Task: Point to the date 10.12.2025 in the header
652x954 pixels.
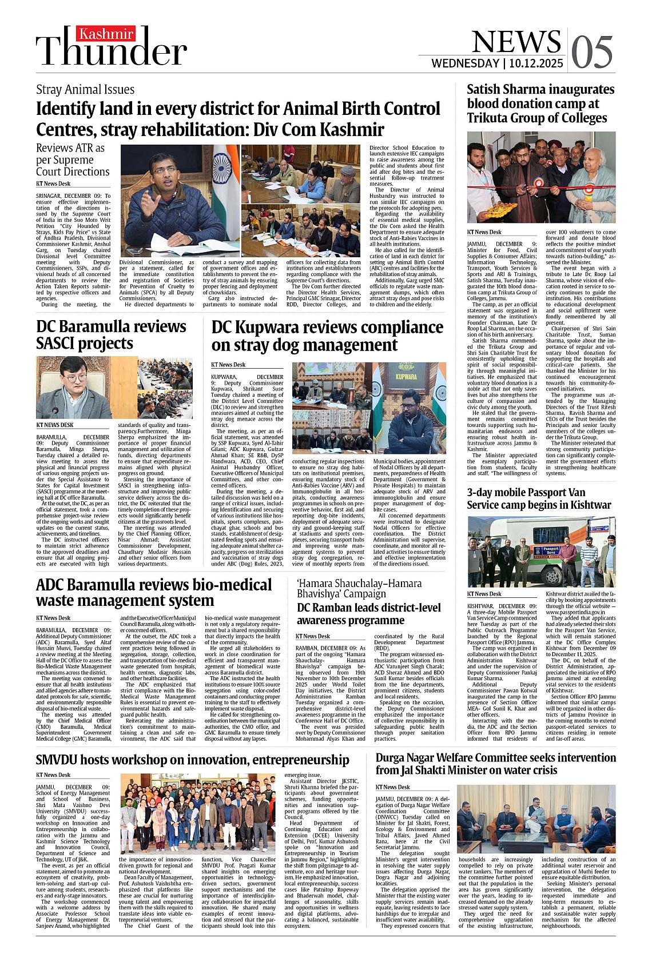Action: (536, 63)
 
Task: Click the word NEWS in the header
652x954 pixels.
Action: (516, 41)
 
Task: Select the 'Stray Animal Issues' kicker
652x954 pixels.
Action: (85, 89)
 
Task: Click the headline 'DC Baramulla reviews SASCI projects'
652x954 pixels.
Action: (111, 334)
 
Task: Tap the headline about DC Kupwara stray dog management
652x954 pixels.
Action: (327, 336)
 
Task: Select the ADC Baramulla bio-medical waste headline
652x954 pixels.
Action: (153, 592)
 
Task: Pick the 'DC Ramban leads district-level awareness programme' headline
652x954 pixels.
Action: (368, 613)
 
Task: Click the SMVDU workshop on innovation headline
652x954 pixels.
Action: (192, 759)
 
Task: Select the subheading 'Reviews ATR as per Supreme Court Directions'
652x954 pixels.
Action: (73, 159)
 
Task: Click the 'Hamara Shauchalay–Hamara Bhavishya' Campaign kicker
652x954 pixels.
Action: (359, 588)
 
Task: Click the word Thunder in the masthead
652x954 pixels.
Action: (112, 51)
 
